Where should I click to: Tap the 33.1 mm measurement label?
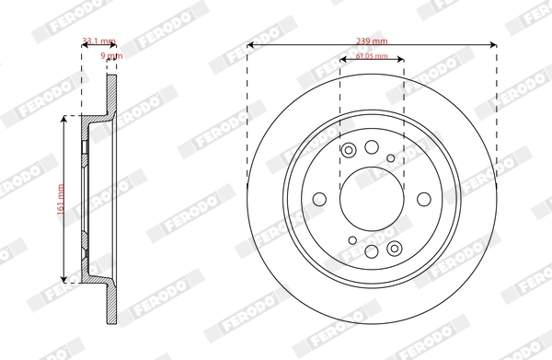coord(98,41)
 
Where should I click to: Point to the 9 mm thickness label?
coord(112,56)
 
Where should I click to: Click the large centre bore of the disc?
coord(372,199)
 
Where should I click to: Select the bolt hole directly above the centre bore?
coord(372,147)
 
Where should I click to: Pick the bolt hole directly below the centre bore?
coord(372,251)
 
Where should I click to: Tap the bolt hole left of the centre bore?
coord(320,199)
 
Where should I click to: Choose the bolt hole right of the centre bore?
coord(423,199)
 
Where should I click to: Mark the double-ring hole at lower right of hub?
coord(395,247)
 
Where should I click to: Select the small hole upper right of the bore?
coord(392,158)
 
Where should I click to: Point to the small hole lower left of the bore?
coord(351,240)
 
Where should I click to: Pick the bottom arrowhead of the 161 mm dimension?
coord(63,279)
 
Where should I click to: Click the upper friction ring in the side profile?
coord(112,92)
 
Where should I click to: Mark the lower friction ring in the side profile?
coord(112,304)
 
